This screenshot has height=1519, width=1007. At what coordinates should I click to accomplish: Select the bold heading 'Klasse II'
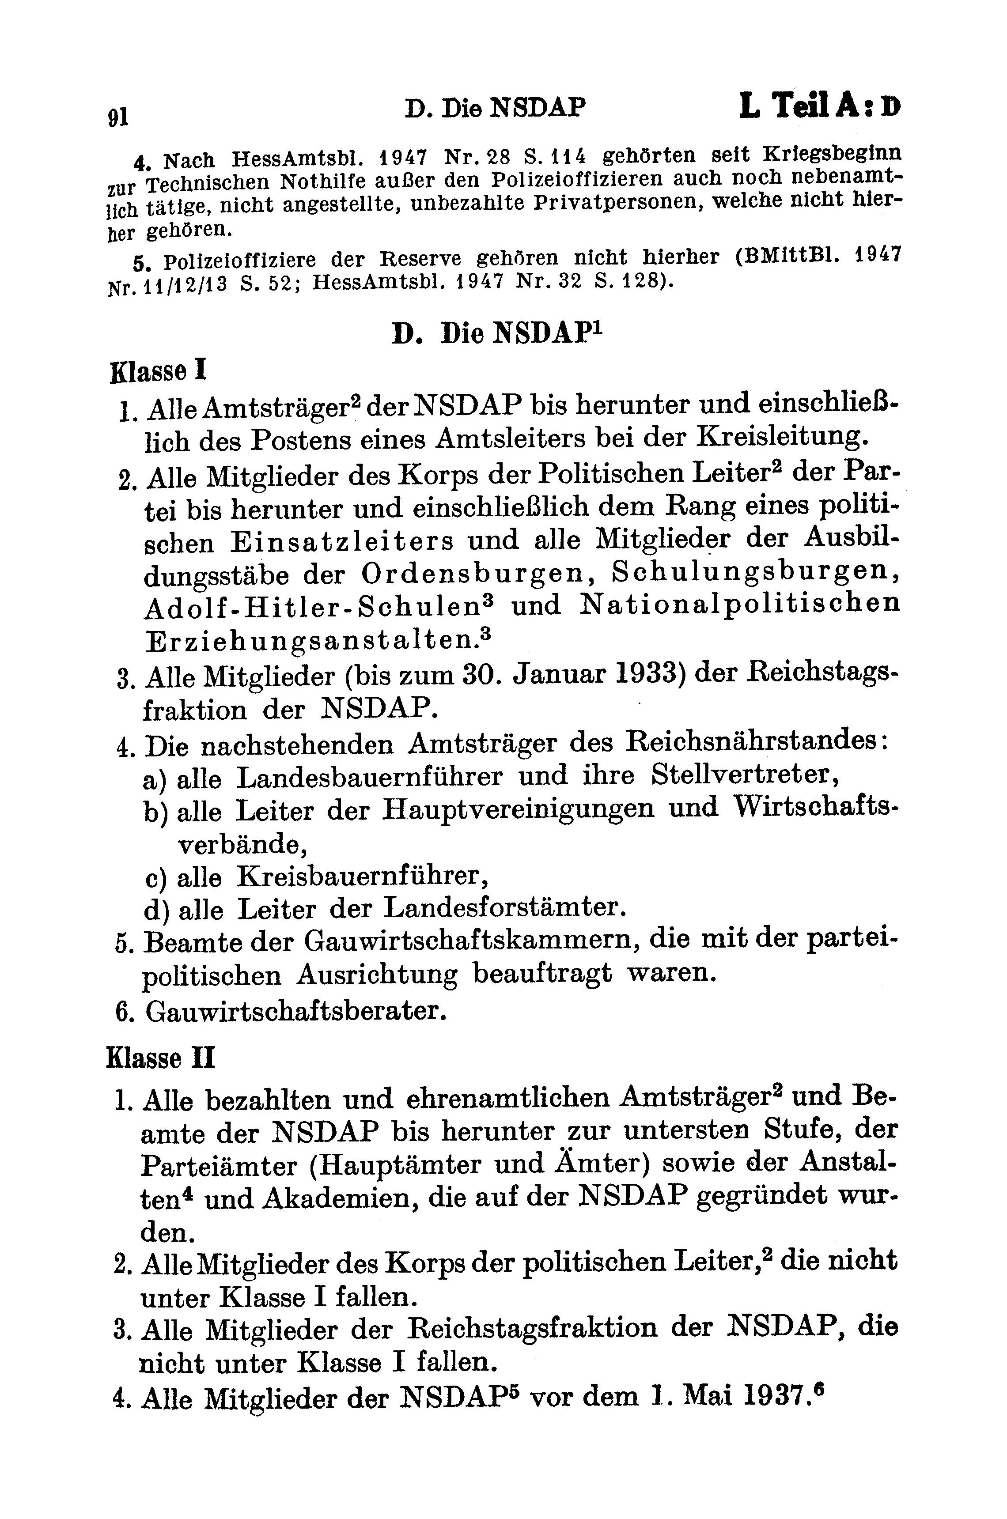[x=161, y=1058]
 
